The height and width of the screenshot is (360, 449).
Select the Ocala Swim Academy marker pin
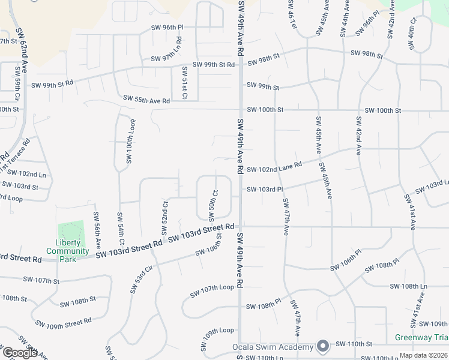point(323,346)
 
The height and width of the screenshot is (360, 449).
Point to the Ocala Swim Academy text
point(273,347)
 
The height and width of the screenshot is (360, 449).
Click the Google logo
point(20,353)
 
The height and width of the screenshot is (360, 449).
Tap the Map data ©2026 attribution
point(424,355)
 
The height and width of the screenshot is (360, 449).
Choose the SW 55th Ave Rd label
point(146,100)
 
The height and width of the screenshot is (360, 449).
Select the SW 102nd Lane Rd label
point(274,167)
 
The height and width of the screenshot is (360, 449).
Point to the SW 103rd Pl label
point(265,190)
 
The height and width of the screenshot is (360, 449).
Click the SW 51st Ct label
point(184,83)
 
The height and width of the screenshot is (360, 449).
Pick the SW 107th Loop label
point(212,291)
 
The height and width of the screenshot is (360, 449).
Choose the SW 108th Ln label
point(418,287)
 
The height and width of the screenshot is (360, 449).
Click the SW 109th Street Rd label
point(63,323)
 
